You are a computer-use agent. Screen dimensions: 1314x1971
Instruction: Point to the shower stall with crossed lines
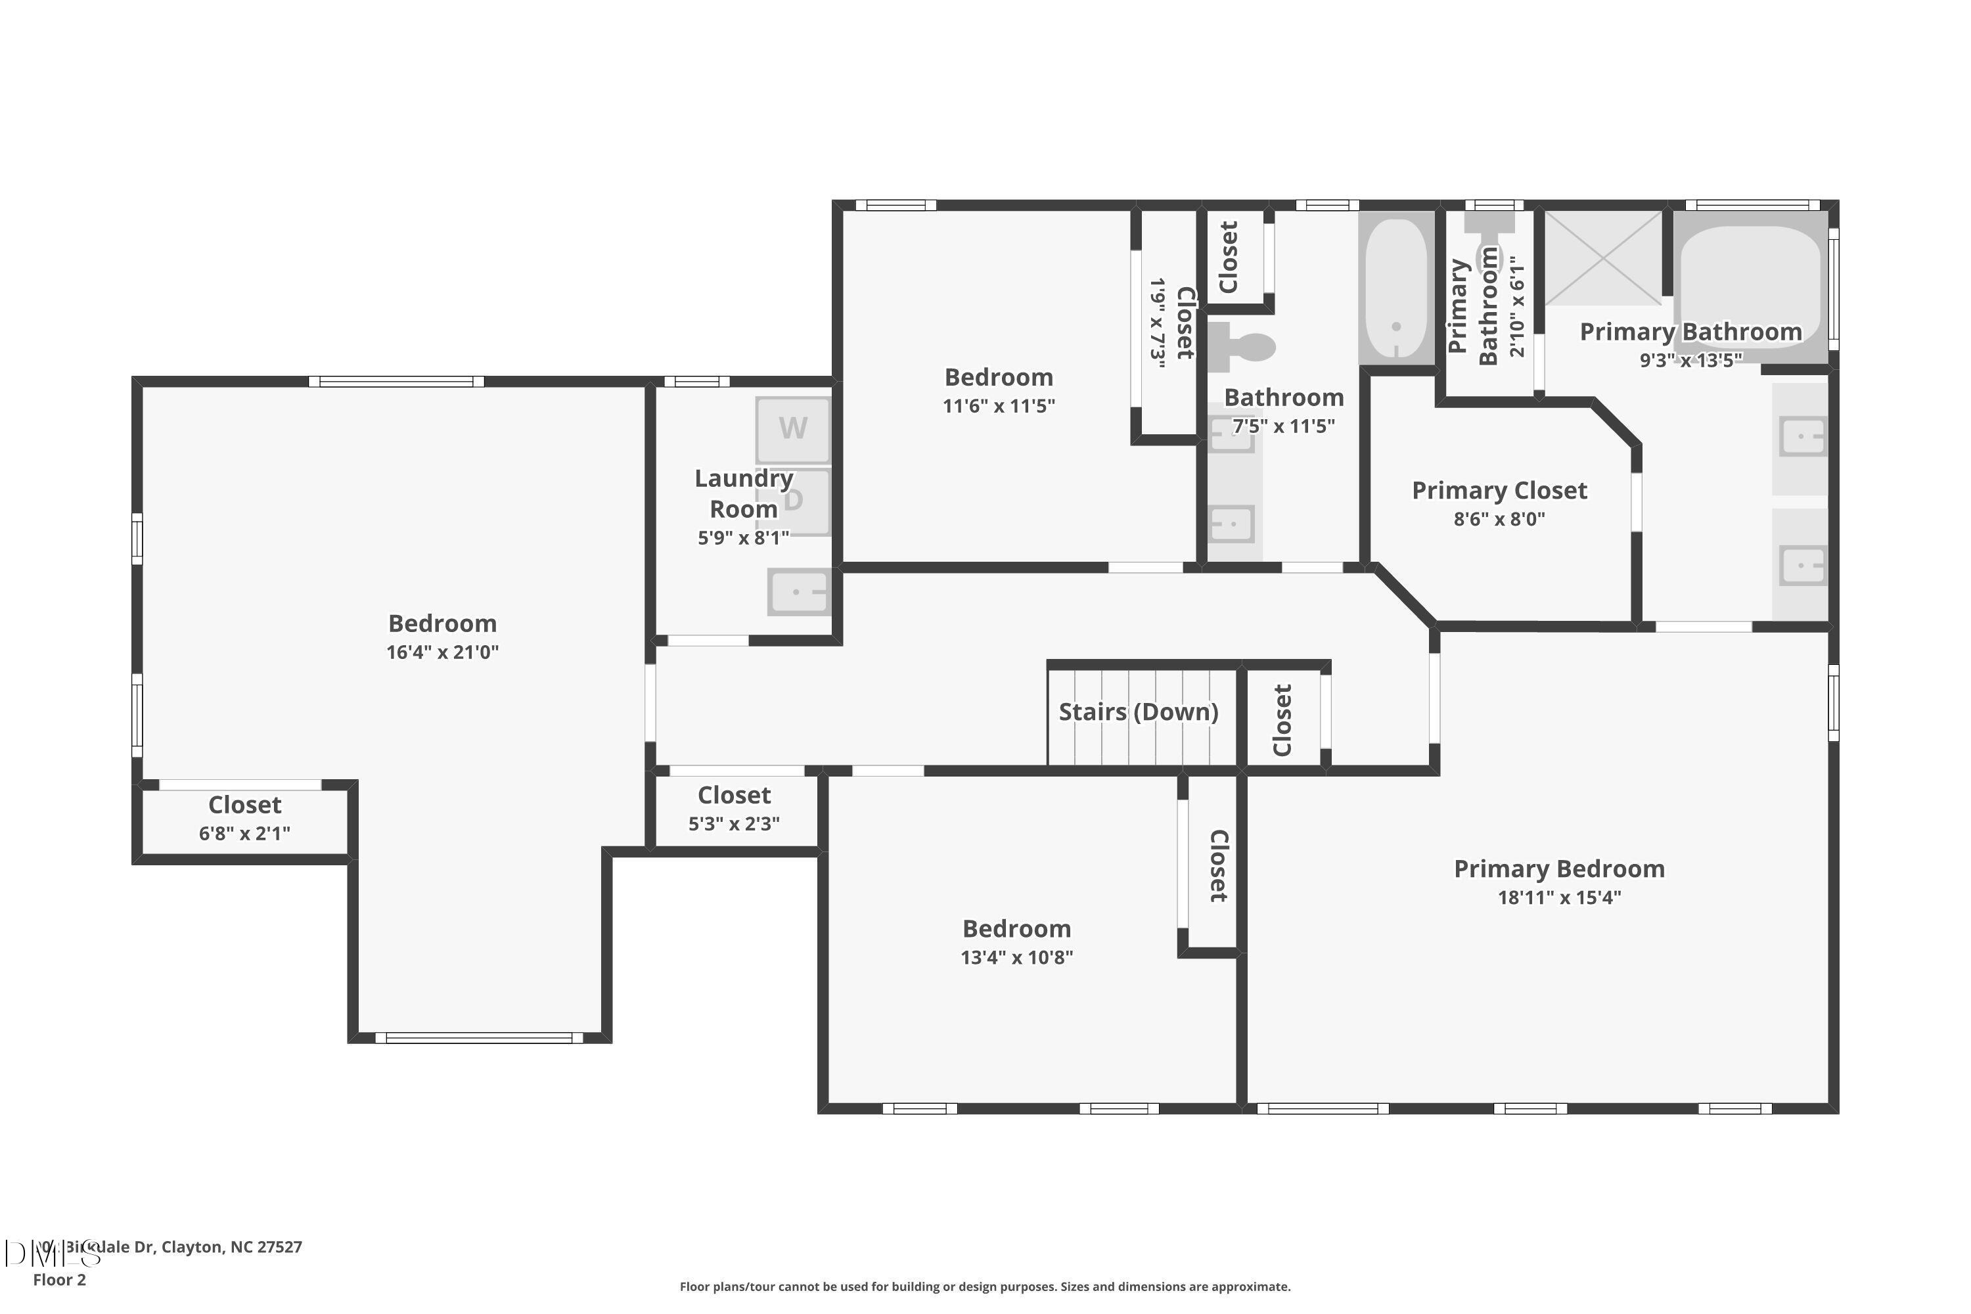1602,258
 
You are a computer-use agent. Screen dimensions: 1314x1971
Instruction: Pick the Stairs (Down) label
1138,712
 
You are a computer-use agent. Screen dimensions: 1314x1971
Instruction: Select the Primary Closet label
1499,491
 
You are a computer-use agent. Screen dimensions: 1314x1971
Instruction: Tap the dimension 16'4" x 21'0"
442,652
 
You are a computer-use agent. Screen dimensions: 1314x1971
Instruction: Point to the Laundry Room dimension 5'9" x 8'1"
743,538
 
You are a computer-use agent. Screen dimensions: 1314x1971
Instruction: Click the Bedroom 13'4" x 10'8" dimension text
1016,957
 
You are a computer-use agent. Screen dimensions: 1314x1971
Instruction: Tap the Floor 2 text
60,1280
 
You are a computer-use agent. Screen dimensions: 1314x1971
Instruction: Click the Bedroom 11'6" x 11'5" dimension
998,405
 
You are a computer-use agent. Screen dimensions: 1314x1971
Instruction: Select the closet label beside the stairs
1282,720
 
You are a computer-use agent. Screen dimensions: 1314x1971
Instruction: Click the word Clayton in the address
192,1246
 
